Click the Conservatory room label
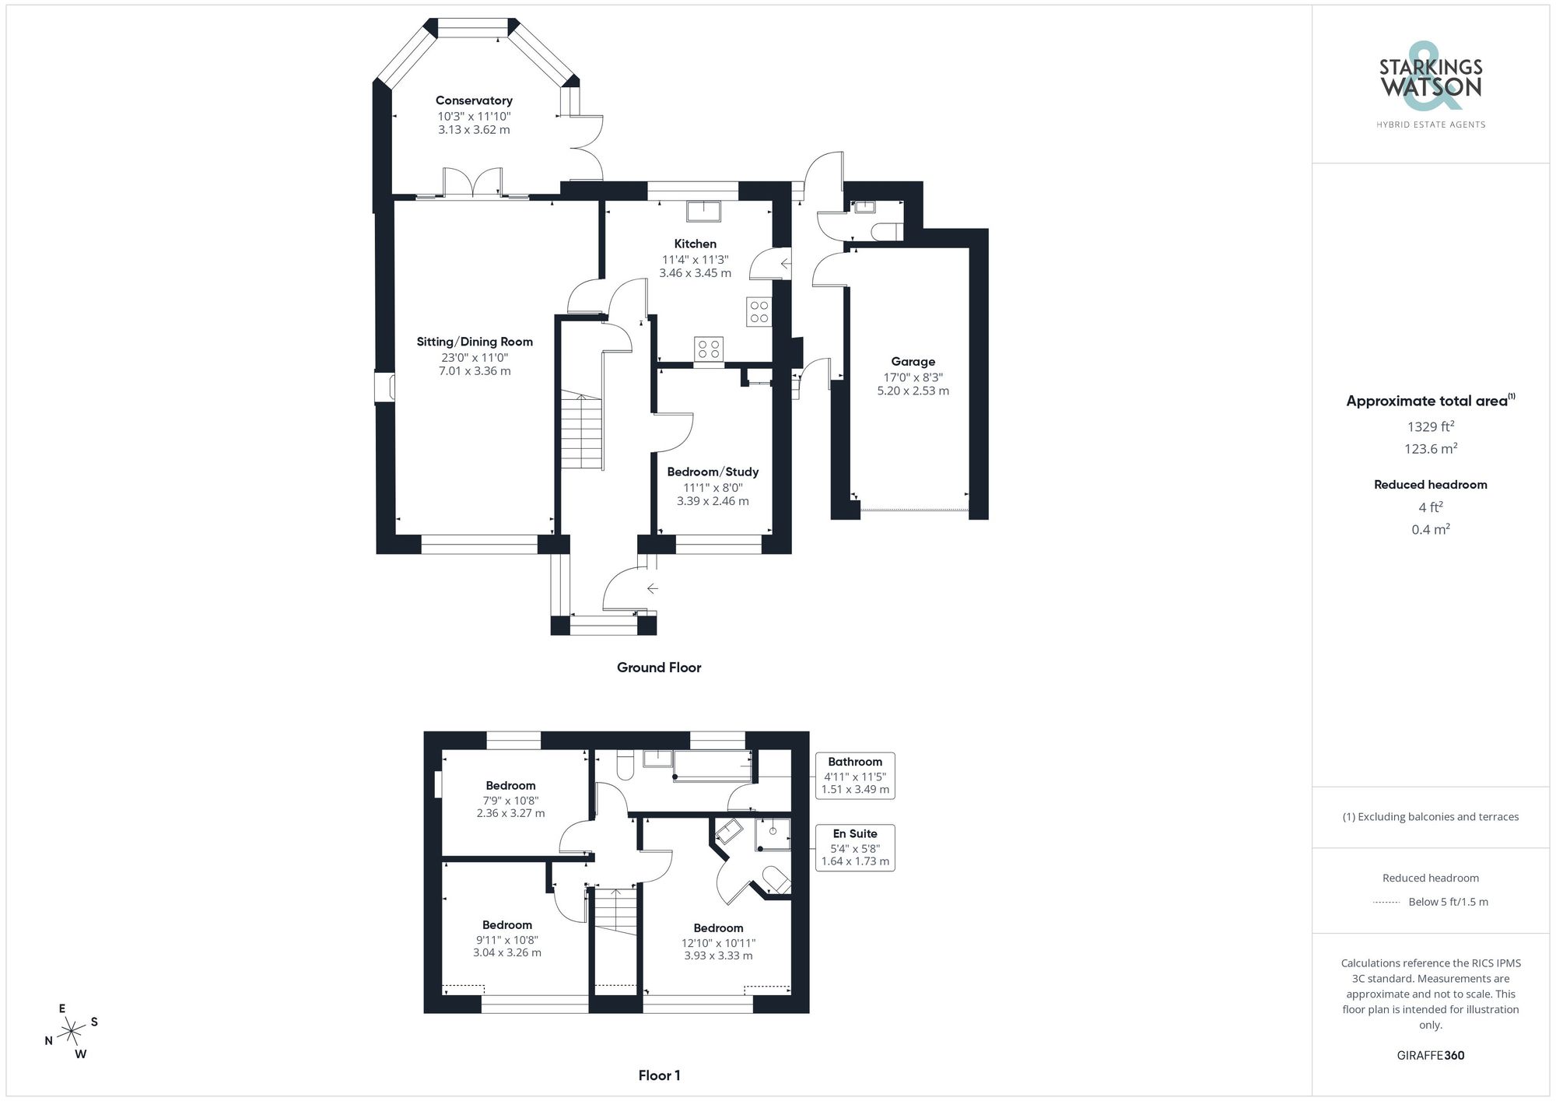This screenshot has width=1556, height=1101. pyautogui.click(x=474, y=100)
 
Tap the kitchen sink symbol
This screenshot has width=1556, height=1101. pyautogui.click(x=704, y=211)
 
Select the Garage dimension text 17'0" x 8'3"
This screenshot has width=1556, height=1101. pyautogui.click(x=913, y=377)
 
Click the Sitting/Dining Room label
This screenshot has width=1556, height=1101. pyautogui.click(x=475, y=342)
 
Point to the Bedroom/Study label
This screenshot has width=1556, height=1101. pyautogui.click(x=713, y=472)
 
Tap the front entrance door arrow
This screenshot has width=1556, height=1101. pyautogui.click(x=652, y=588)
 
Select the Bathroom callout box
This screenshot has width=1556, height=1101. pyautogui.click(x=855, y=775)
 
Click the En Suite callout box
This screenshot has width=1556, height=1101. pyautogui.click(x=855, y=847)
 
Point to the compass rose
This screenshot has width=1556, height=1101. pyautogui.click(x=72, y=1032)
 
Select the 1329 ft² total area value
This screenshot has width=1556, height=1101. pyautogui.click(x=1430, y=426)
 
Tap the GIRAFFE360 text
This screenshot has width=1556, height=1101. pyautogui.click(x=1430, y=1055)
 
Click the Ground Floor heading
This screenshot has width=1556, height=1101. pyautogui.click(x=659, y=668)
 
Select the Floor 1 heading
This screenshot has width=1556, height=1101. pyautogui.click(x=659, y=1075)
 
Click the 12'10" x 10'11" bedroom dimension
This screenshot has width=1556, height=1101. pyautogui.click(x=718, y=942)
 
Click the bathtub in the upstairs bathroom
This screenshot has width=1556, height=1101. pyautogui.click(x=712, y=766)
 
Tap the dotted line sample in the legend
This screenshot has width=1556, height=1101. pyautogui.click(x=1386, y=902)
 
